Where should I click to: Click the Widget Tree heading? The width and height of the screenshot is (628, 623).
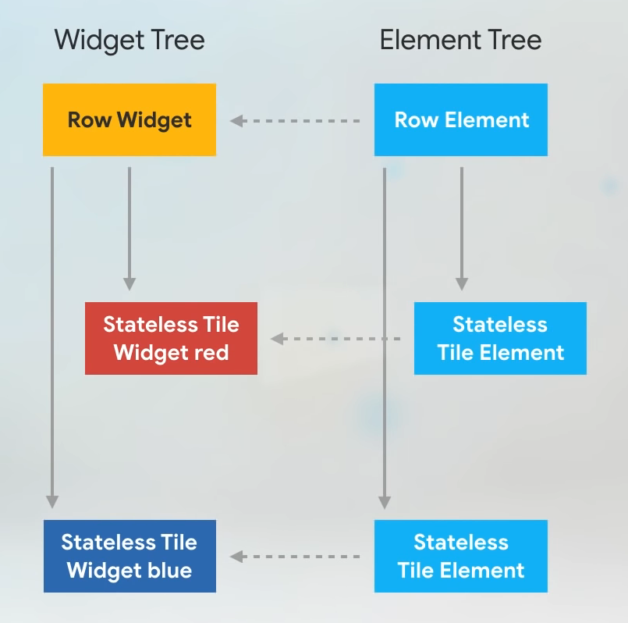coord(130,40)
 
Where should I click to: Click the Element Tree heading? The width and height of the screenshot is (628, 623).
coord(460,40)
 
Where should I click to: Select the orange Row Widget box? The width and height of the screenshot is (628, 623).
coord(130,119)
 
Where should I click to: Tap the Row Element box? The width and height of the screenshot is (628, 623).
coord(461,119)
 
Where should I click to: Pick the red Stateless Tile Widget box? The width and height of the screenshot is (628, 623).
coord(171,338)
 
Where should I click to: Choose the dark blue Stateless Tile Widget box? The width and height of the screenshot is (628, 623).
coord(130,556)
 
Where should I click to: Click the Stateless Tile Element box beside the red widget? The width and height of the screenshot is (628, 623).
coord(500,338)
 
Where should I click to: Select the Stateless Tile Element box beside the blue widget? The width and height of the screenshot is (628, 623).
coord(461,556)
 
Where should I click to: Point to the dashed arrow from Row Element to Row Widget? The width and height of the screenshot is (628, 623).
coord(295,121)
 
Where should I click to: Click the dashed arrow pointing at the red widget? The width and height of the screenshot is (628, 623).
coord(335,339)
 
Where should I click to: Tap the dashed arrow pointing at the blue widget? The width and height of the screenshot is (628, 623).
coord(295,557)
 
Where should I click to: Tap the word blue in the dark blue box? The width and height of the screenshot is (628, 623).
coord(170,570)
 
